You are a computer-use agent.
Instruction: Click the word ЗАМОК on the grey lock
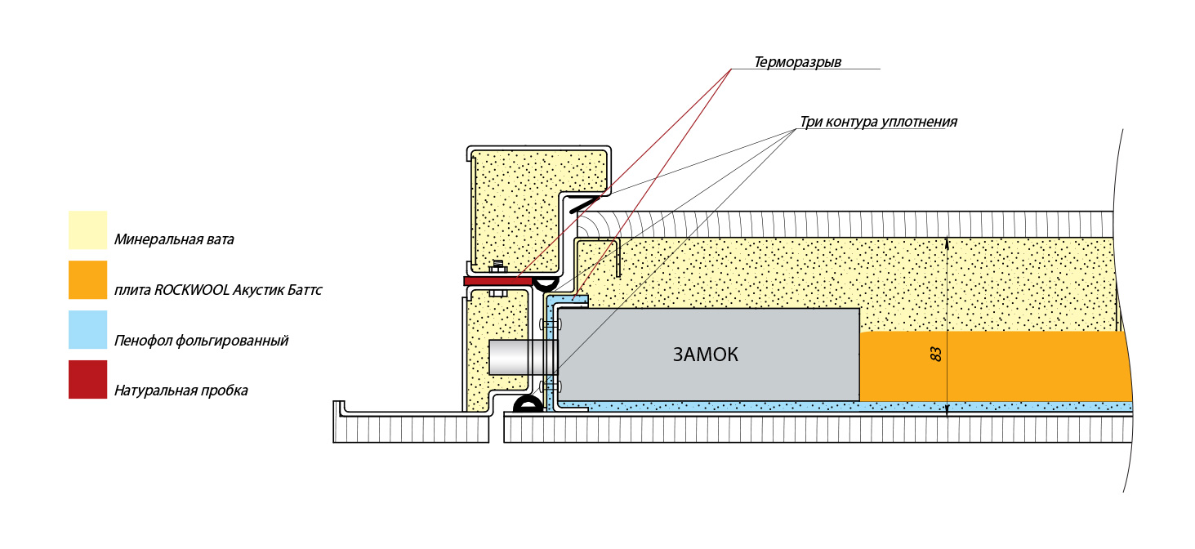coord(705,355)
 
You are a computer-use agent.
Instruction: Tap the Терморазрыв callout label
coord(797,62)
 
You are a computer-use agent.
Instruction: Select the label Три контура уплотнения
coord(878,122)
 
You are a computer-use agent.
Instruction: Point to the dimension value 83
coord(937,354)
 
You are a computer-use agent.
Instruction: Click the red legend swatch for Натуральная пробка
coord(87,380)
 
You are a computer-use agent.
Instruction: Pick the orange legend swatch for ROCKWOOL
coord(87,280)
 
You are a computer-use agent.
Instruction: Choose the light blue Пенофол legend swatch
coord(87,330)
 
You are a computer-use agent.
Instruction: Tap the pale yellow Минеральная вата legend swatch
coord(87,230)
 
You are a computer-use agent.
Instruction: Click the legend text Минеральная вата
coord(174,240)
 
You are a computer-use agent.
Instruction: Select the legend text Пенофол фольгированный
coord(201,341)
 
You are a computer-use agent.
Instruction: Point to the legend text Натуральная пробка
coord(181,391)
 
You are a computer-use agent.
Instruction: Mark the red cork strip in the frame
coord(497,281)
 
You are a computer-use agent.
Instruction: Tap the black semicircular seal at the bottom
coord(528,404)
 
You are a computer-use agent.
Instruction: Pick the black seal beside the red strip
coord(545,283)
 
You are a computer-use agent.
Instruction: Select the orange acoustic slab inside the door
coord(992,366)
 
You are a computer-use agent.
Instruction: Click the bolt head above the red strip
coord(497,266)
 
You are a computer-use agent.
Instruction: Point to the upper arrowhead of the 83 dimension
coord(947,243)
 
